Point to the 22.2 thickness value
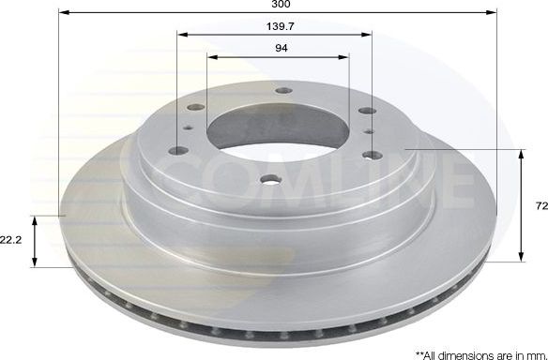coord(11,240)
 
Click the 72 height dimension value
coord(540,203)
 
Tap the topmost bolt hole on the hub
coord(283,91)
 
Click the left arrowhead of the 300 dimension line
coord(62,13)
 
